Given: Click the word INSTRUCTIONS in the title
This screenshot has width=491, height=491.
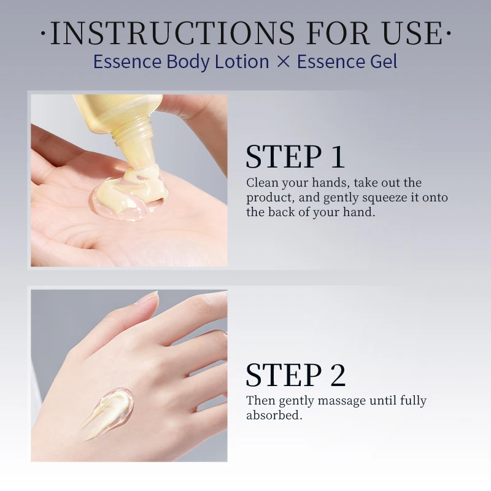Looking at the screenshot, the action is [x=172, y=33].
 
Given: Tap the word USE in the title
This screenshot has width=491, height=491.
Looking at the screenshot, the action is [x=412, y=33].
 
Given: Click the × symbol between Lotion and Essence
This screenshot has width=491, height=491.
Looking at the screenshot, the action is [x=284, y=61].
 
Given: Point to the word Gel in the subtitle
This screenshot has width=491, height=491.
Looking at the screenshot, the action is [x=384, y=61].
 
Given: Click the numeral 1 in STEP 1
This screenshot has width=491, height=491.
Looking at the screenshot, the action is [x=337, y=157].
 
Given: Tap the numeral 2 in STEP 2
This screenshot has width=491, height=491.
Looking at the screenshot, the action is [x=338, y=375].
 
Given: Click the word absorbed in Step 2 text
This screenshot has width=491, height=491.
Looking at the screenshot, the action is [x=274, y=416].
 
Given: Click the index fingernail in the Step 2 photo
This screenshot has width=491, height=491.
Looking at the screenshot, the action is [x=147, y=297].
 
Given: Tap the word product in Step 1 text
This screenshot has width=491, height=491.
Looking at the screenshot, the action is [x=270, y=198].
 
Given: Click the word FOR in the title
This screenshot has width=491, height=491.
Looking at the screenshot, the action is [x=338, y=33].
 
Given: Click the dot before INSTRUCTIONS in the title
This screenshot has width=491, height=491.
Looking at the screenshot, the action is [x=44, y=33].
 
